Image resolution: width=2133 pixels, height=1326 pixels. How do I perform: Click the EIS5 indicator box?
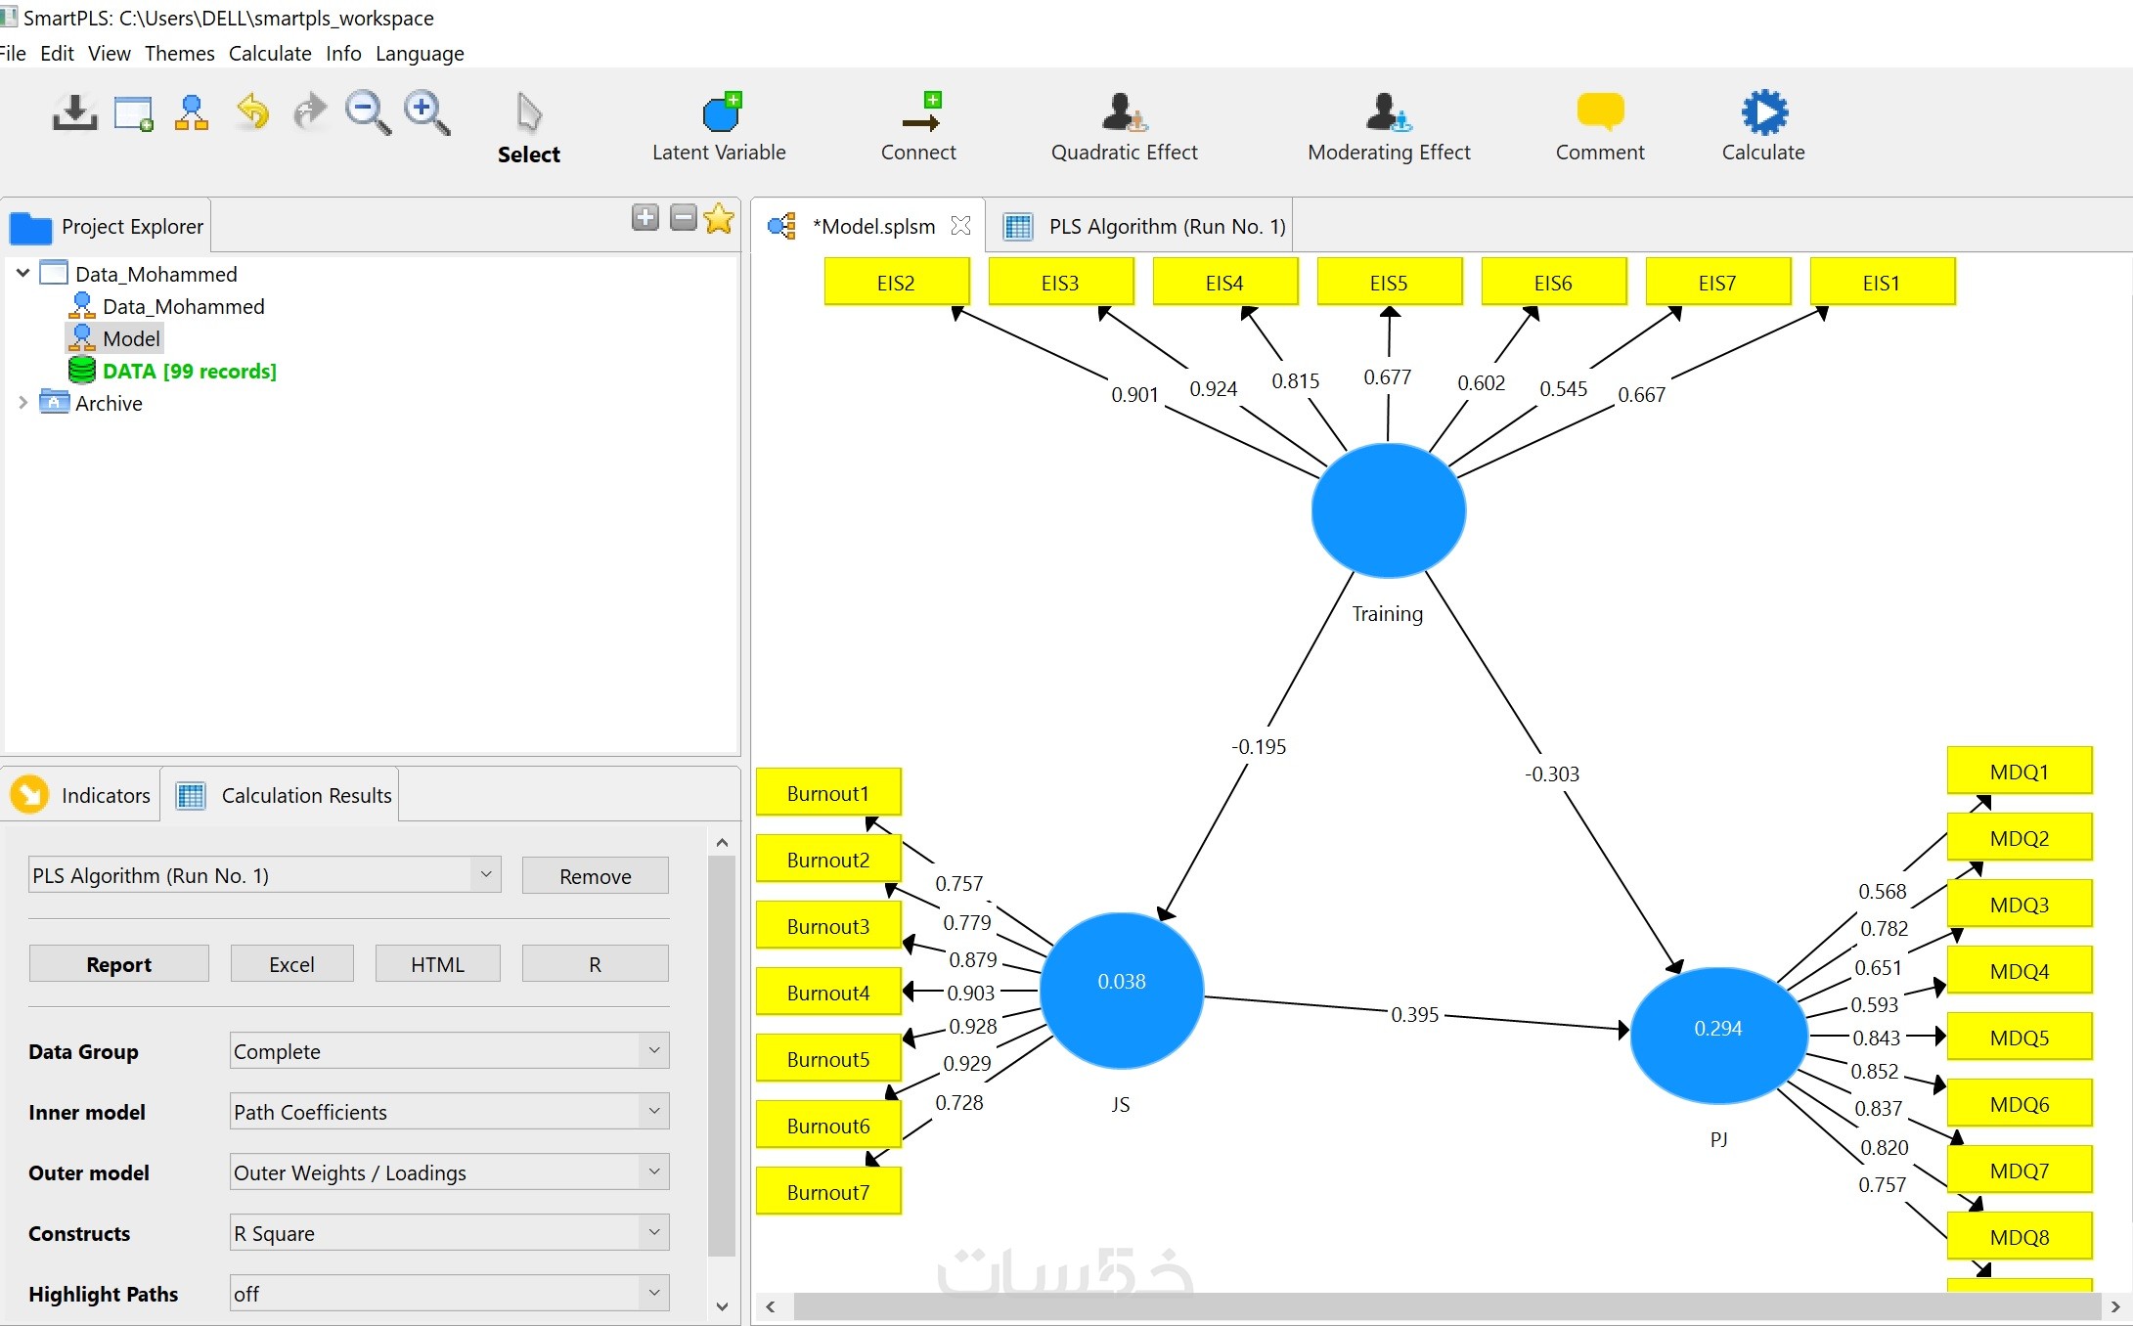point(1389,283)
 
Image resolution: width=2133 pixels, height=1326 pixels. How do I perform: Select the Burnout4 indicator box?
point(828,993)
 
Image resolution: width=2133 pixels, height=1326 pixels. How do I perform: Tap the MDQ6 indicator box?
point(2020,1104)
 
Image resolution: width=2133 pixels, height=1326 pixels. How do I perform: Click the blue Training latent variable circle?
point(1388,510)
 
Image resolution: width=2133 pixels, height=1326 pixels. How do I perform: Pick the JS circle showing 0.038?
point(1122,990)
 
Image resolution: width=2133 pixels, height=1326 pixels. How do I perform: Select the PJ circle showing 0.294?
point(1718,1035)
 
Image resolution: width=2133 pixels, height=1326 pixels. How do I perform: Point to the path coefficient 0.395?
point(1415,1015)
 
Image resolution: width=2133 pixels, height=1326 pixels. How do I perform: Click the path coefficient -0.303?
point(1552,774)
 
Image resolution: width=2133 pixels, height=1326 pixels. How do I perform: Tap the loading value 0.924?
point(1214,389)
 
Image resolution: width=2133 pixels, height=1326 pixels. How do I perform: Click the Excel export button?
point(291,964)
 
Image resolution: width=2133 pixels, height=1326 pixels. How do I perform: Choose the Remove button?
point(596,876)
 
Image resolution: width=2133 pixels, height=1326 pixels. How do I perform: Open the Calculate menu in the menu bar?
point(270,53)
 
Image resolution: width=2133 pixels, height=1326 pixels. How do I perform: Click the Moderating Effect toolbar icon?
point(1389,113)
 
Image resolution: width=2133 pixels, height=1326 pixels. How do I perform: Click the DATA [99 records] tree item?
point(189,372)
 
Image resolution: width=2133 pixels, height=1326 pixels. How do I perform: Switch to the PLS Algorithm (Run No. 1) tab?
point(1167,227)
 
